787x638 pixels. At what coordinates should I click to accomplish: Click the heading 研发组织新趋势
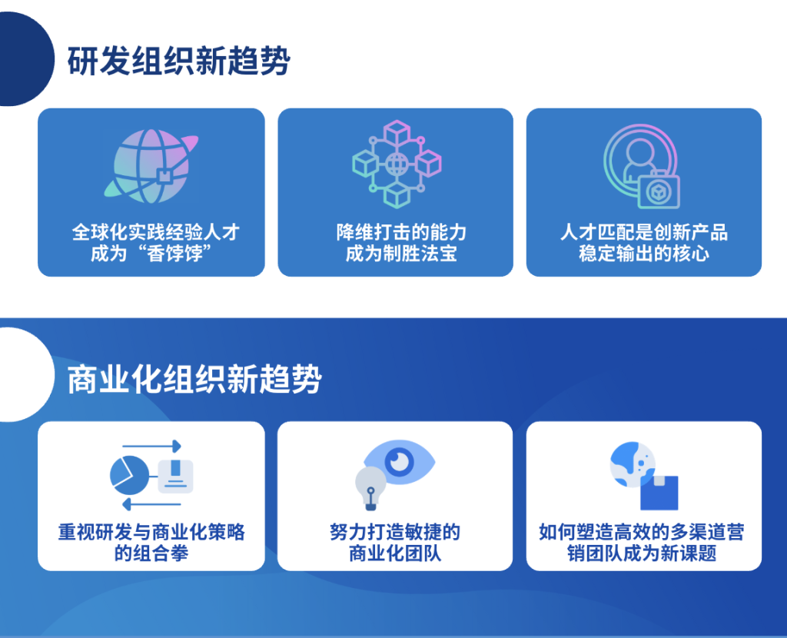click(x=178, y=61)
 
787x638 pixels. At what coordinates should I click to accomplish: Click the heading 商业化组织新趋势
click(x=194, y=379)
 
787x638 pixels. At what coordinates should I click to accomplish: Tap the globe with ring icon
click(x=151, y=166)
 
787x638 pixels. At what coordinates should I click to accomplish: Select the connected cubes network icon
click(x=397, y=164)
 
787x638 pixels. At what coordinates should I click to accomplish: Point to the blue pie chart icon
click(x=129, y=475)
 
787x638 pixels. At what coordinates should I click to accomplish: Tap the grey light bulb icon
click(x=370, y=488)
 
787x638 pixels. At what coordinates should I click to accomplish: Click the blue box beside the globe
click(x=659, y=493)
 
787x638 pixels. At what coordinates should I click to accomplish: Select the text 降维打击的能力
click(x=401, y=232)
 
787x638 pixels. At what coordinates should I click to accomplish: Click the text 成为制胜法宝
click(x=401, y=254)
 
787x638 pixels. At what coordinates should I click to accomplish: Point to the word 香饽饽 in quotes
click(x=174, y=254)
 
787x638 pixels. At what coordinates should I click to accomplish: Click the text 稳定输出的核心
click(x=644, y=254)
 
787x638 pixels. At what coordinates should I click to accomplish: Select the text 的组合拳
click(x=151, y=553)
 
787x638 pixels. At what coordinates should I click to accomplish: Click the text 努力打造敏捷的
click(x=395, y=532)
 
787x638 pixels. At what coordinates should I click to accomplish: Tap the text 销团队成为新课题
click(x=642, y=553)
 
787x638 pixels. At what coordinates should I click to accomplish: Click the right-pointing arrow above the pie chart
click(x=151, y=446)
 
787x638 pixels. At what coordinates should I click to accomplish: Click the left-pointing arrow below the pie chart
click(x=151, y=504)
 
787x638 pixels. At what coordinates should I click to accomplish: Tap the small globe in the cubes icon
click(x=397, y=164)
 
